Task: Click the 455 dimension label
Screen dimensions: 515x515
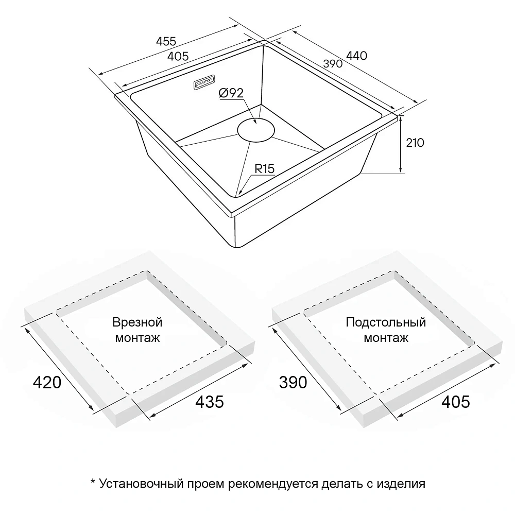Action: pos(166,41)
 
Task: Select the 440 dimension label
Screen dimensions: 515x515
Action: pos(357,56)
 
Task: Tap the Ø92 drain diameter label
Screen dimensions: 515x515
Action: pos(231,93)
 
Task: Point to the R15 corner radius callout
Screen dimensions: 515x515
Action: pos(264,169)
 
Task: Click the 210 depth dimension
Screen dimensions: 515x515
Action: pos(415,143)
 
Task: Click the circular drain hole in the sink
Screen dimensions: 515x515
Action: pos(256,130)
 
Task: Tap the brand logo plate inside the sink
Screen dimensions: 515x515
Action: pos(204,82)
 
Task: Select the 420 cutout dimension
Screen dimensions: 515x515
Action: pos(47,383)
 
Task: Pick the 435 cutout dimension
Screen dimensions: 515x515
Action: pos(210,402)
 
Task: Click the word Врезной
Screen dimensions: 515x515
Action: pos(138,322)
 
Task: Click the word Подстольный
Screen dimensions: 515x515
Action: pos(386,322)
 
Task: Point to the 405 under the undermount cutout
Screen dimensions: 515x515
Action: pos(456,402)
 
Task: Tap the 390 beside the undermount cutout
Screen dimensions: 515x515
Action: pos(293,383)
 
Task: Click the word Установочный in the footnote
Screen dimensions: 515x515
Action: pos(141,484)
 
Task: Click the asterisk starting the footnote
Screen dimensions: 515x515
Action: pos(93,481)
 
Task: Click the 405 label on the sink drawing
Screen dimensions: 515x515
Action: pos(178,57)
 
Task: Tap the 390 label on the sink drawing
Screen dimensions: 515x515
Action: pos(333,63)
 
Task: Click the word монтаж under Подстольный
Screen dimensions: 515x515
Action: pos(386,338)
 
